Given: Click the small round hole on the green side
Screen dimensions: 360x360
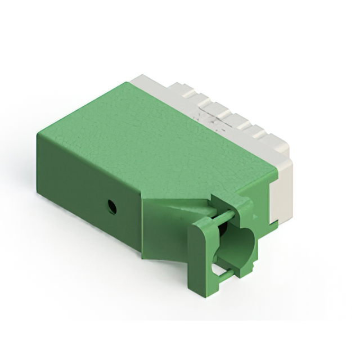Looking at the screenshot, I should click(x=112, y=207).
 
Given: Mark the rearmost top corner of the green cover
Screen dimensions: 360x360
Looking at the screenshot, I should click(x=125, y=83).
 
